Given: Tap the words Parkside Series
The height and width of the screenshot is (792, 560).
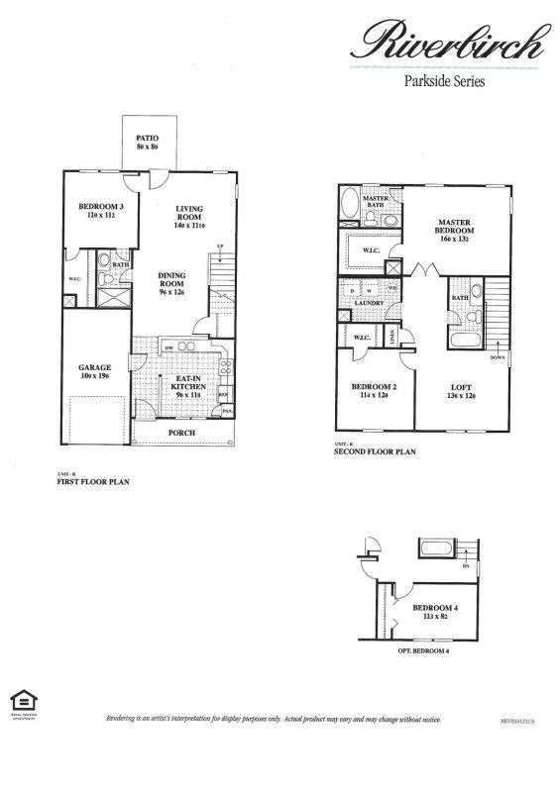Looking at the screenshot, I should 443,83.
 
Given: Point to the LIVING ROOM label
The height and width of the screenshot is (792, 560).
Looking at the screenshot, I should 188,214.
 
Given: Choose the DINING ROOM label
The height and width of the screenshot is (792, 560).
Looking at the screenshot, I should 173,282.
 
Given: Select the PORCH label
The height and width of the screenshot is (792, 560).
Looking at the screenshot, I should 181,433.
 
